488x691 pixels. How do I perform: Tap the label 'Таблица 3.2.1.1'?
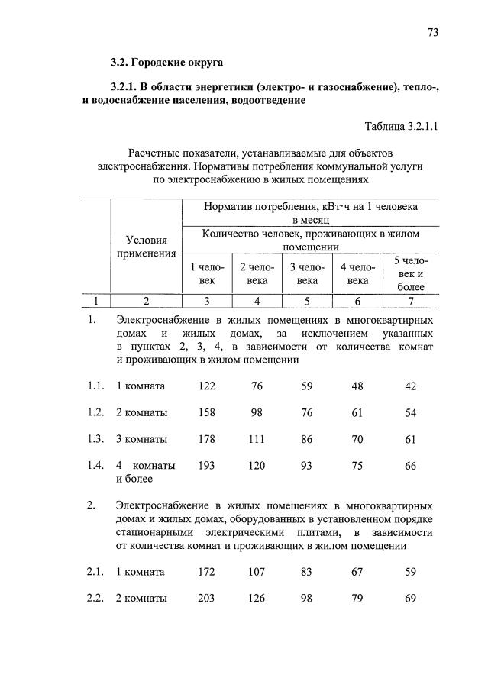click(402, 126)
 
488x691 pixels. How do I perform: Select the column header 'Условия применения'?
click(146, 247)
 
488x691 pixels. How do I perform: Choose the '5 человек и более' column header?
click(410, 273)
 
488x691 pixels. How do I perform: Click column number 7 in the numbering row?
click(410, 301)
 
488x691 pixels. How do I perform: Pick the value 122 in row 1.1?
click(206, 386)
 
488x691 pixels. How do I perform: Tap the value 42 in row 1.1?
click(410, 386)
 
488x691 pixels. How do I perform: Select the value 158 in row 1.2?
click(206, 413)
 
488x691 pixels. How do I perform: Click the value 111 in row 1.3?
click(257, 440)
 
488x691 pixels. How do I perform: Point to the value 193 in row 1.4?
click(206, 466)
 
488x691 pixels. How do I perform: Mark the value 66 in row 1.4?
click(410, 466)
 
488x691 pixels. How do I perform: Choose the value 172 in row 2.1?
click(206, 572)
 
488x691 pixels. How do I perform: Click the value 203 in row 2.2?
click(206, 599)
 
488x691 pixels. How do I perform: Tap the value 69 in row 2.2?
click(410, 599)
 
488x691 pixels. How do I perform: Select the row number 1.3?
click(95, 440)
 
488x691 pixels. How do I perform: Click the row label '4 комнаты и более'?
click(145, 473)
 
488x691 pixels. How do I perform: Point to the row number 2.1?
click(95, 572)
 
